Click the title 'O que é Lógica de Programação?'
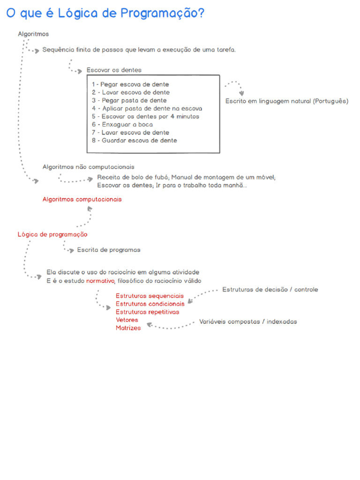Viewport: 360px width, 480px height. point(105,14)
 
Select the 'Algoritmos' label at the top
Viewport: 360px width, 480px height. point(33,34)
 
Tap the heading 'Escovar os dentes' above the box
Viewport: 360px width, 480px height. point(114,70)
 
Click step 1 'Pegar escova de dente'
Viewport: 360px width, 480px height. point(130,84)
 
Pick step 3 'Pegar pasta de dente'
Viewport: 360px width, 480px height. point(129,100)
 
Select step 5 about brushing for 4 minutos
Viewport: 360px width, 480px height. point(145,116)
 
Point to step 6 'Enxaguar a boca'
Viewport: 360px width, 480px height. point(122,124)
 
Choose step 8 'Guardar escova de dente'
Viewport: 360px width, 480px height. point(135,140)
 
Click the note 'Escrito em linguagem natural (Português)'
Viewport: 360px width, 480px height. point(287,101)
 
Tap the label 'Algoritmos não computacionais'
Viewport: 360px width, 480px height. point(89,166)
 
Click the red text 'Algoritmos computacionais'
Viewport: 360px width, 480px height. point(82,199)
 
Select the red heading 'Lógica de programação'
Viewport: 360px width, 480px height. point(52,234)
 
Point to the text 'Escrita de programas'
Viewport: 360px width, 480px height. point(109,250)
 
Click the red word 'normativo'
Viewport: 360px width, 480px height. point(100,281)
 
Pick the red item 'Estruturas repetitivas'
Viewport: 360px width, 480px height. point(147,312)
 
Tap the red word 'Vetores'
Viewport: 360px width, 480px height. point(127,320)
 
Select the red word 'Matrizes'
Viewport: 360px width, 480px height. point(128,328)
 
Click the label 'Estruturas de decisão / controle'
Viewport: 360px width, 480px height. point(270,289)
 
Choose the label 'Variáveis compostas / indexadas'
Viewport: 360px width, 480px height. point(248,322)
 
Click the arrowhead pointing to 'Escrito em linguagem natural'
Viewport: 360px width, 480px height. point(241,94)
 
